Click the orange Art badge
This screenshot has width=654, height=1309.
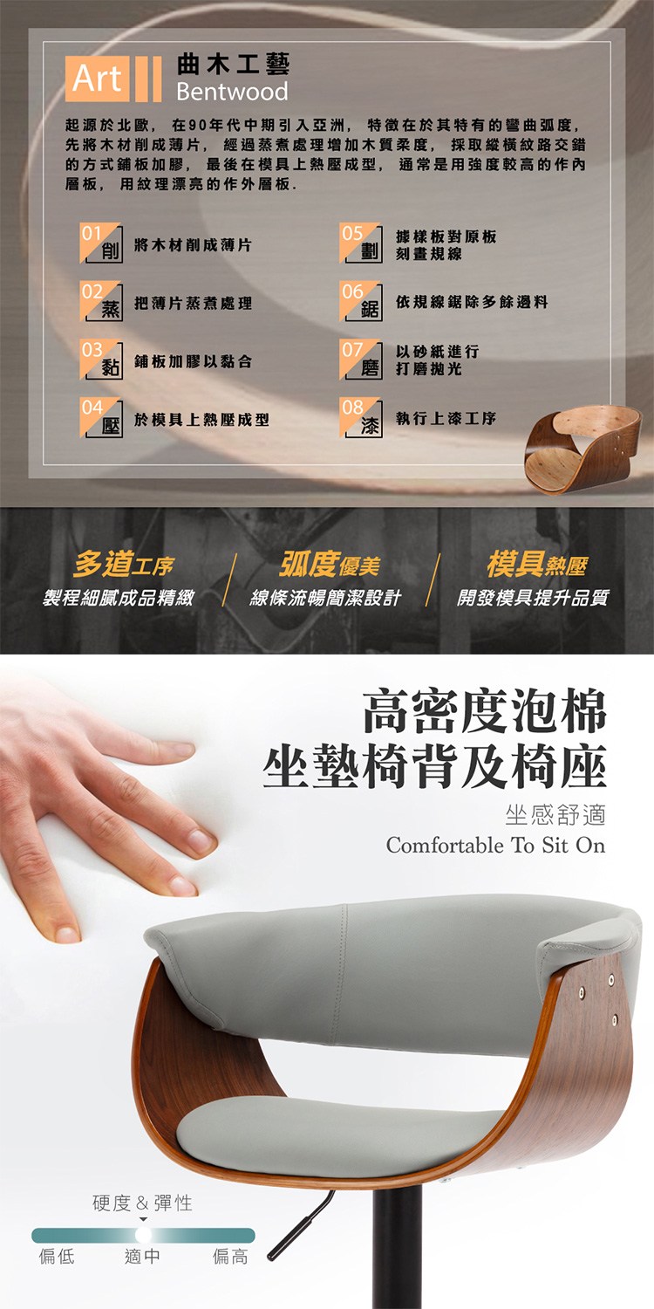(97, 79)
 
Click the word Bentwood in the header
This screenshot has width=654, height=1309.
(232, 91)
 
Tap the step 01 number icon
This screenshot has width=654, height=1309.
(101, 243)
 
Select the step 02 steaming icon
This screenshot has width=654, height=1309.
(101, 301)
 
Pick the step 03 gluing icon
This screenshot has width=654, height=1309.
(101, 360)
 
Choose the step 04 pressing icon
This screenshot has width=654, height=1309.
(101, 417)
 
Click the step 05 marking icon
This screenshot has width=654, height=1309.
(361, 243)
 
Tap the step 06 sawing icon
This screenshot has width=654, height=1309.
(361, 301)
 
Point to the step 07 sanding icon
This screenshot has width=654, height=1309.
(361, 360)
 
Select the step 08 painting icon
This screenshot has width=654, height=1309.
(361, 417)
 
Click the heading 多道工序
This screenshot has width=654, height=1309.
(124, 564)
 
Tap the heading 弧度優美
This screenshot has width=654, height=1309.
(330, 564)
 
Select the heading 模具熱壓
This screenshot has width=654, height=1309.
(537, 564)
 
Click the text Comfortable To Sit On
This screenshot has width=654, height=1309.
(496, 845)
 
